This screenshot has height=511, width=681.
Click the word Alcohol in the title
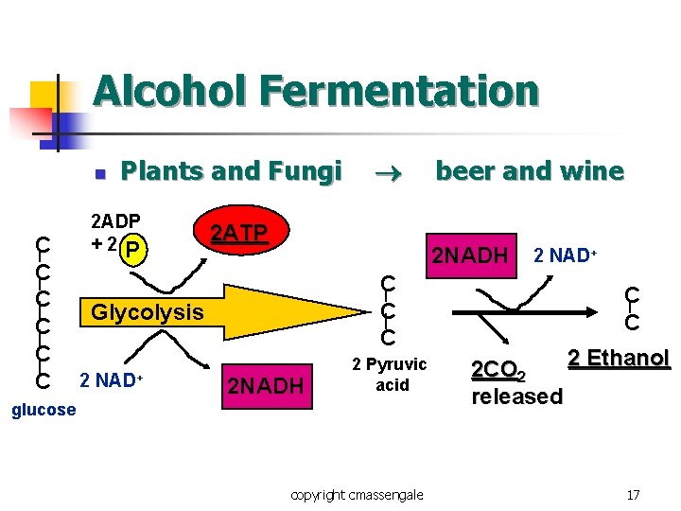click(169, 92)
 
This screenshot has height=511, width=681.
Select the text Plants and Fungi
click(232, 171)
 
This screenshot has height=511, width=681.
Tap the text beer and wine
click(529, 171)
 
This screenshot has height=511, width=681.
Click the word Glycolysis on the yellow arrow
click(147, 311)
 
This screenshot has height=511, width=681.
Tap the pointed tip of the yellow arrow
click(365, 311)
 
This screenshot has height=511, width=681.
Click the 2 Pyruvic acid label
click(390, 375)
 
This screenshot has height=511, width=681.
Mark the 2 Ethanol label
click(619, 359)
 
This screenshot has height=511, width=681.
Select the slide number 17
click(633, 494)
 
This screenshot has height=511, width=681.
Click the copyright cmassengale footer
click(358, 494)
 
